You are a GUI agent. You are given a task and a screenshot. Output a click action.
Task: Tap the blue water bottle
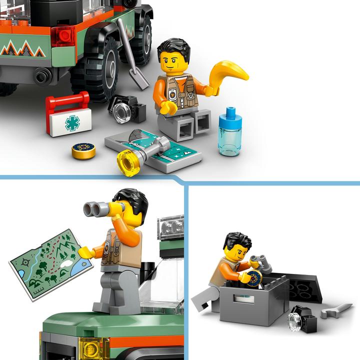(230, 131)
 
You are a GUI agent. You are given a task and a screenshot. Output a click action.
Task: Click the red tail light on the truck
(63, 34)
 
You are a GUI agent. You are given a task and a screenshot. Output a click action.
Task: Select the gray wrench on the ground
(336, 310)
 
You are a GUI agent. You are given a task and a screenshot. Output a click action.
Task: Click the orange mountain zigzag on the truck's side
(22, 48)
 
